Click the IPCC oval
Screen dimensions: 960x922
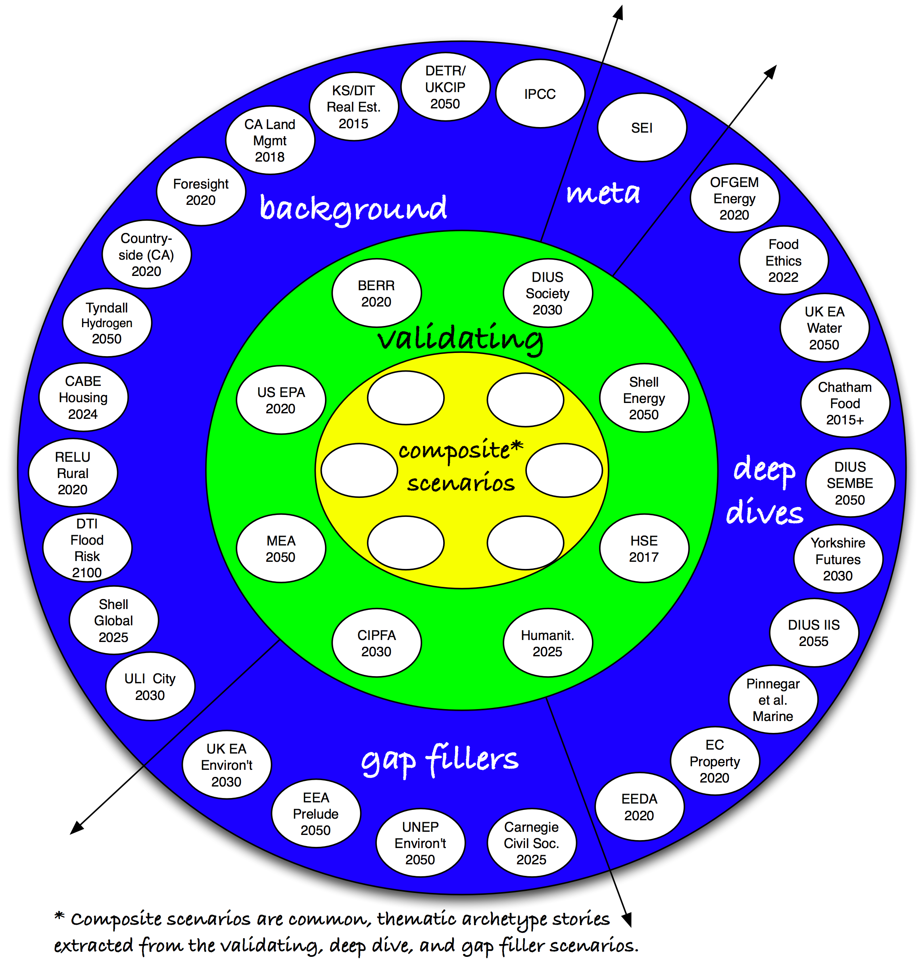(540, 94)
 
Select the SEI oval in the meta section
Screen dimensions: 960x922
(642, 127)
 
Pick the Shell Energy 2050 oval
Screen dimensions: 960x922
(643, 398)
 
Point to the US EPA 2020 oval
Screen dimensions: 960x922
(280, 400)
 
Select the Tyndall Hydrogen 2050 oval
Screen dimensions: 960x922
(107, 323)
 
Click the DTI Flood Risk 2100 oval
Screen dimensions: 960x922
(87, 547)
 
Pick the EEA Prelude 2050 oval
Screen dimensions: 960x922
(316, 813)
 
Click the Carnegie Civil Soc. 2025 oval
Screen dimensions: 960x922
(532, 842)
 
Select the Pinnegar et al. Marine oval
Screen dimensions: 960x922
(773, 700)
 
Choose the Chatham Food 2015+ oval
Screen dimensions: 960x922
(845, 403)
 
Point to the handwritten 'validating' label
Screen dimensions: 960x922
(460, 339)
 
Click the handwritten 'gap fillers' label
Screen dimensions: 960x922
(440, 760)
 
